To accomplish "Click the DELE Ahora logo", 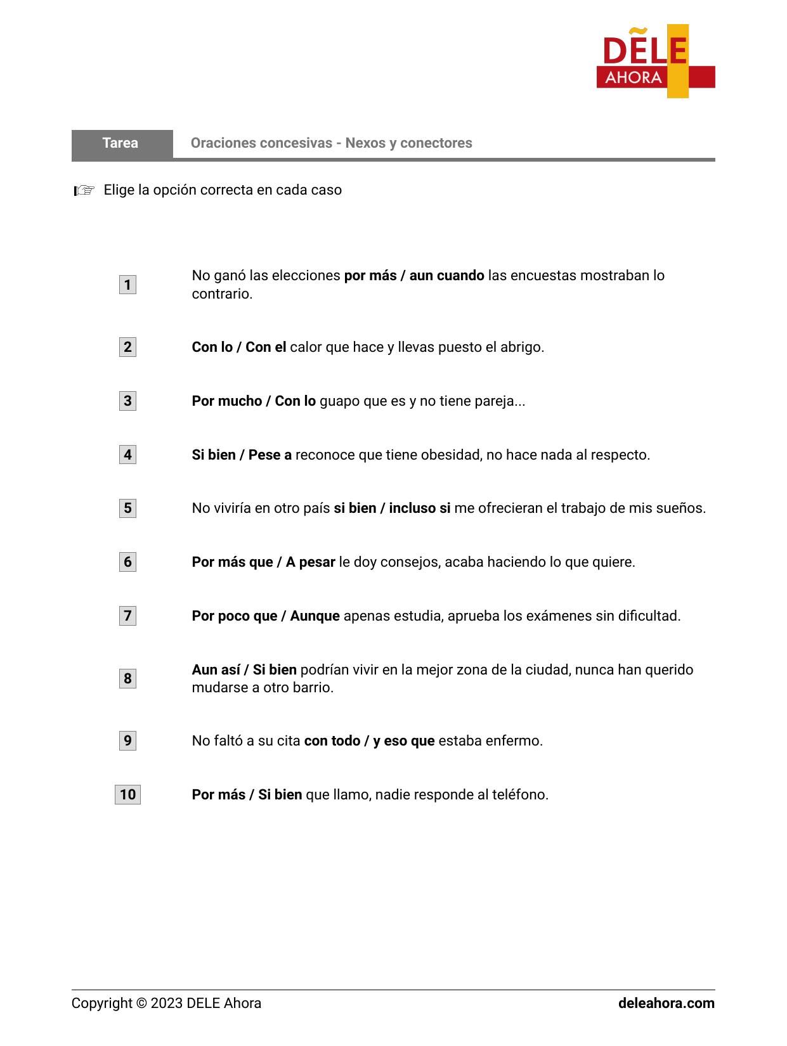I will coord(655,61).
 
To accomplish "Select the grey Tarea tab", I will coord(121,143).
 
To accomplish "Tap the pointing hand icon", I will coord(84,190).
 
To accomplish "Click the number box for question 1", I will coord(127,285).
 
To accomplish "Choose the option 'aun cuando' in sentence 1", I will coord(446,276).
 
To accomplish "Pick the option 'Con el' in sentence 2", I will coord(266,347).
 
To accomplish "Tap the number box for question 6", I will coord(127,562).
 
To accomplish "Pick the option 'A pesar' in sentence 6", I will coord(310,562).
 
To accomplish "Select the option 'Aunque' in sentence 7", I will coord(315,616).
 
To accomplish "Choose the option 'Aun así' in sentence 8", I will coord(216,670).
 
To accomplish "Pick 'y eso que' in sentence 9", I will coord(403,741).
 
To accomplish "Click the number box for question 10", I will coord(127,795).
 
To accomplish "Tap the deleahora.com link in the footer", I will coord(666,1004).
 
